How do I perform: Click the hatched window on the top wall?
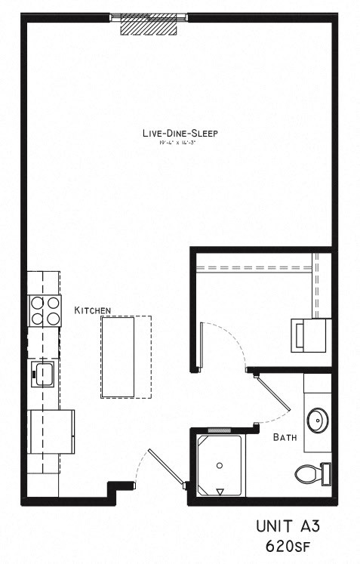[149, 25]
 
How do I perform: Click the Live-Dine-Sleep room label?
[180, 134]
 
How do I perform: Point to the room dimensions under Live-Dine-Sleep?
[180, 143]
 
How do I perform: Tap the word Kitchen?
[93, 310]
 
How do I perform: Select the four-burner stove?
[44, 310]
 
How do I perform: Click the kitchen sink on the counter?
[43, 372]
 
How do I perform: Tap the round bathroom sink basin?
[318, 419]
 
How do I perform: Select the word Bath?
[284, 437]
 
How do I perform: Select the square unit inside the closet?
[308, 334]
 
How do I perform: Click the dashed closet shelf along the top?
[253, 267]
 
